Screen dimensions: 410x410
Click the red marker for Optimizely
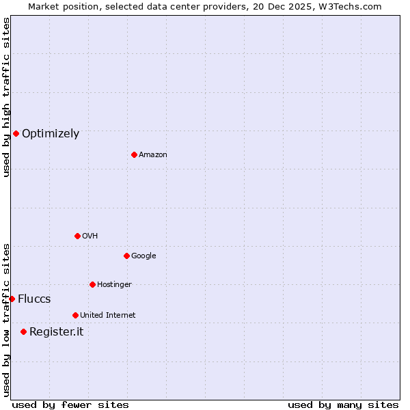16,133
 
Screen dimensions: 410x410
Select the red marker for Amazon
134,154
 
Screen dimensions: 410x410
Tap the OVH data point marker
77,236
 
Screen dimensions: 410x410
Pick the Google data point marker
126,256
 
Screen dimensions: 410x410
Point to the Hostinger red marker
92,284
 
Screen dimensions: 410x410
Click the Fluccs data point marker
12,299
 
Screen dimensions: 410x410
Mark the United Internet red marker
75,315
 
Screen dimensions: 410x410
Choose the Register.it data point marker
23,331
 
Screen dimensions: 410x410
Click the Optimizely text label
51,134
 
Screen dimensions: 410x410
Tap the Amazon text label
153,155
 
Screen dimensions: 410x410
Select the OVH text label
90,236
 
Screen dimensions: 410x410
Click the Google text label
143,256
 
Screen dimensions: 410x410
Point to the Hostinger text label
114,285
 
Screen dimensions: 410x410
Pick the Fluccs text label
34,299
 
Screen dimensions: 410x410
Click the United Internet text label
108,316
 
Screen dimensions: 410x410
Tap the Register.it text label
56,332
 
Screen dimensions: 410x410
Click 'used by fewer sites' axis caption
70,405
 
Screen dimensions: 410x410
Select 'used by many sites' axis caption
343,405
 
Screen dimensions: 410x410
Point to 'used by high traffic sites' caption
6,97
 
